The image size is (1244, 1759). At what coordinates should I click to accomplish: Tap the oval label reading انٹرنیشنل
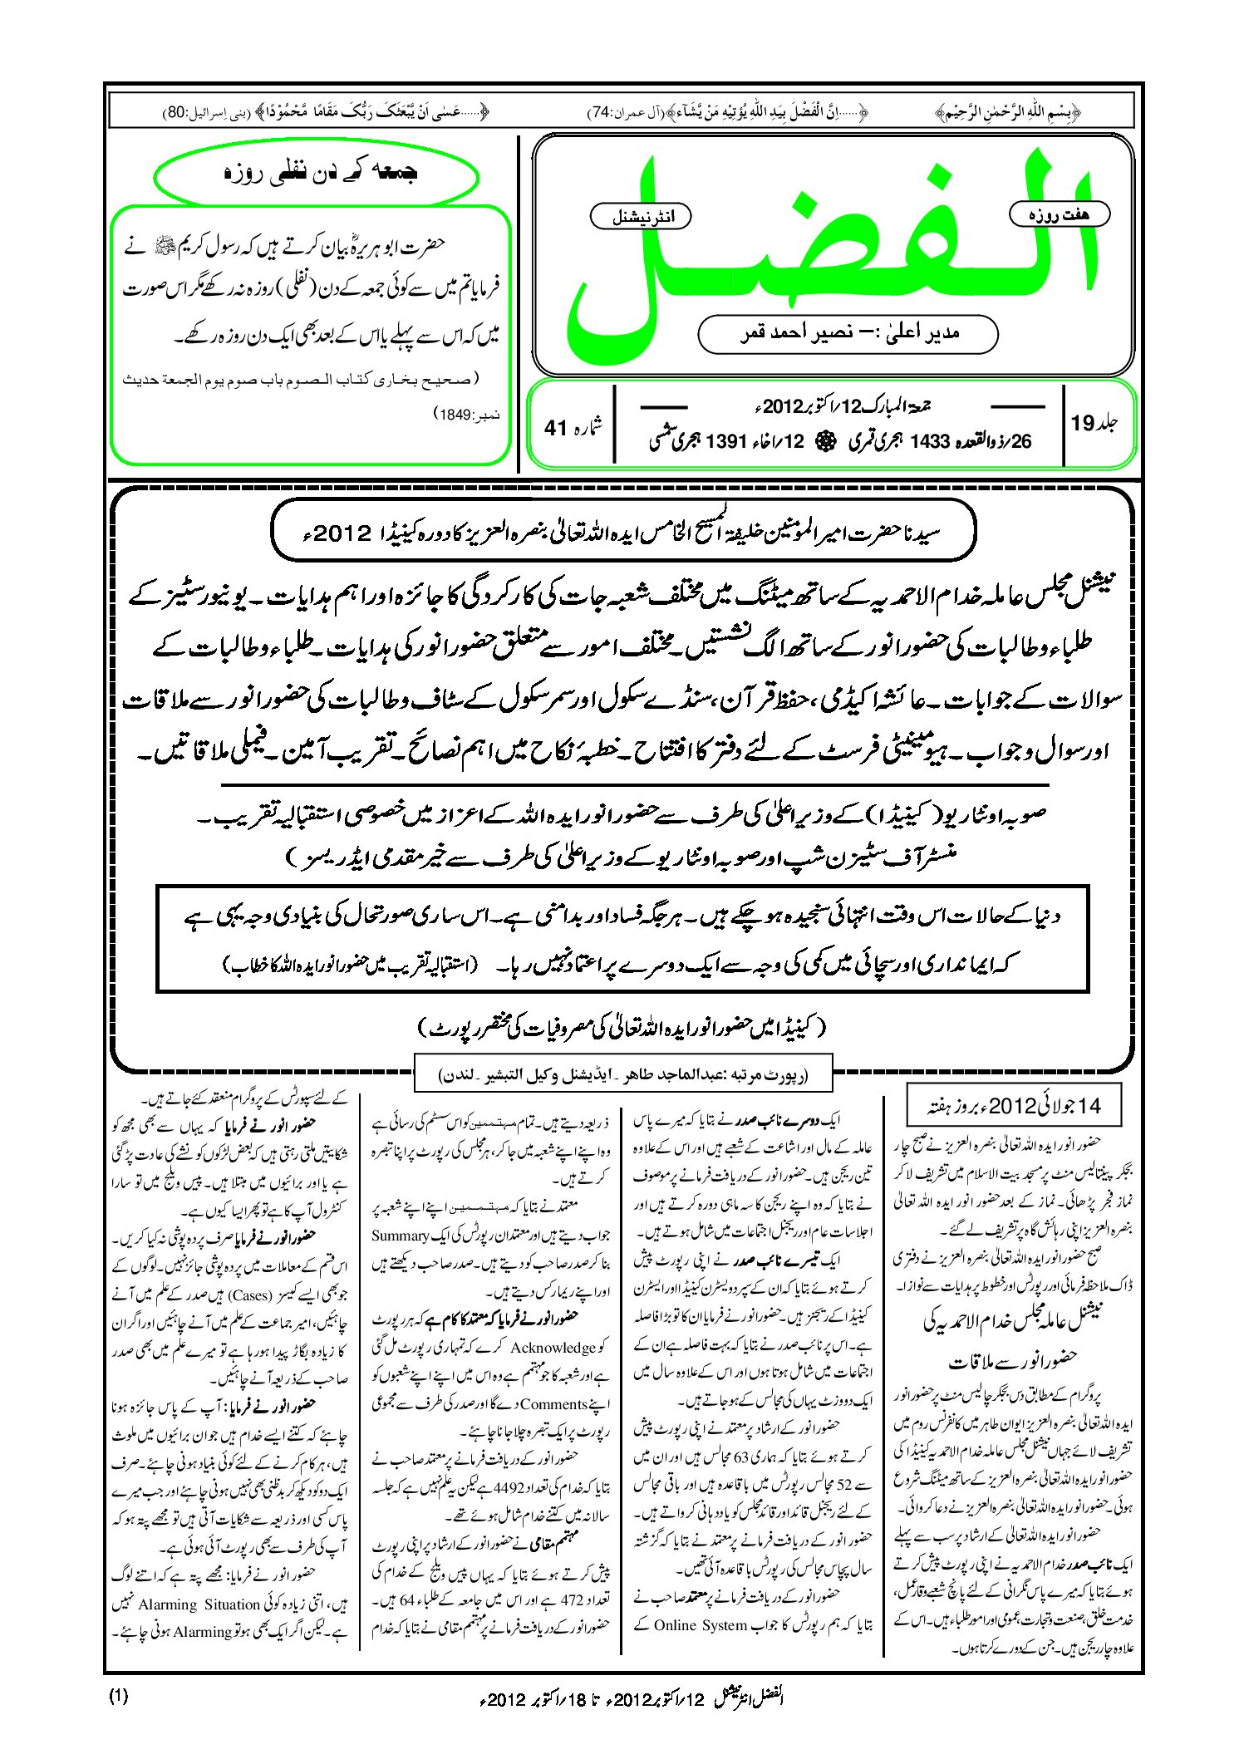point(640,218)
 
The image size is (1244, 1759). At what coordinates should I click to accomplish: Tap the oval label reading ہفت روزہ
point(1059,214)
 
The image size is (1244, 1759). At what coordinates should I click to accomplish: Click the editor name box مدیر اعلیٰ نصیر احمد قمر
point(848,333)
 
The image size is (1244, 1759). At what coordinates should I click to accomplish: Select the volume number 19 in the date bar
point(1083,423)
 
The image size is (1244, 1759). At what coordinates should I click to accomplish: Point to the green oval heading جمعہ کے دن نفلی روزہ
point(317,174)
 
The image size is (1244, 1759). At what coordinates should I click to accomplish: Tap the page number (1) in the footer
point(118,1696)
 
